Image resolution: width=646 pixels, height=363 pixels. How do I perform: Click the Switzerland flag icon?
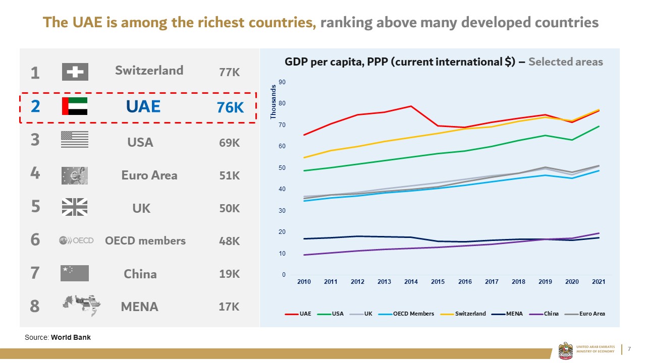(x=75, y=72)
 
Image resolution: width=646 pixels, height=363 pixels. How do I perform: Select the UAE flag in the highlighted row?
(x=75, y=106)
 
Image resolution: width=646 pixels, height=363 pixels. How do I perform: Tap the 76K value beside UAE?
(x=230, y=107)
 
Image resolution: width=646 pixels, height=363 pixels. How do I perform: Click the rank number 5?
(x=35, y=207)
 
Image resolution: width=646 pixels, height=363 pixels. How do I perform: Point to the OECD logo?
(x=76, y=240)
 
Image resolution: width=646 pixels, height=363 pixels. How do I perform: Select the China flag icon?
(x=75, y=273)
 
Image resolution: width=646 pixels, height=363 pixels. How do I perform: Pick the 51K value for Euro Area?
(x=229, y=175)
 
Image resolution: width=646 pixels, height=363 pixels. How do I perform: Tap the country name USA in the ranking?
(x=140, y=143)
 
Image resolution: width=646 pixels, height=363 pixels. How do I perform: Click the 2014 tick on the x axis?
(x=411, y=282)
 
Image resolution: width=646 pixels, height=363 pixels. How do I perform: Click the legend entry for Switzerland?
(x=469, y=314)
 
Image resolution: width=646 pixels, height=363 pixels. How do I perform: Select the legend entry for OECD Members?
(x=413, y=314)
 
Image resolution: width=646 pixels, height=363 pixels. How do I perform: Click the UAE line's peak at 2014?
(x=411, y=106)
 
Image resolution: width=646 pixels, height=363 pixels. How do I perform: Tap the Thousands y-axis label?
(x=273, y=102)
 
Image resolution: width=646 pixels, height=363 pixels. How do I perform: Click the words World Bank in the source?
(x=71, y=337)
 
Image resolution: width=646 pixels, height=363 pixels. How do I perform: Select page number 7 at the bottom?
(x=629, y=349)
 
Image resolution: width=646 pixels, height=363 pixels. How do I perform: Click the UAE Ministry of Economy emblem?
(x=566, y=350)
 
